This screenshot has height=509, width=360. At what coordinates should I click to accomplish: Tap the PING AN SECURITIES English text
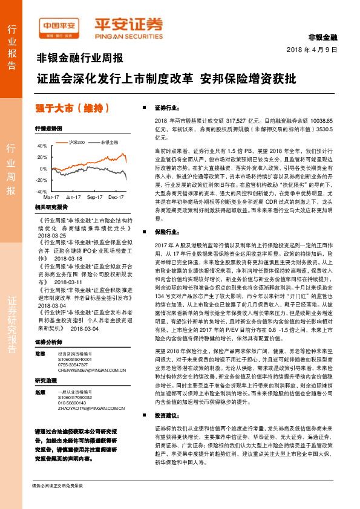point(128,35)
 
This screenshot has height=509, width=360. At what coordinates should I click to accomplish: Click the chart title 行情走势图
point(48,129)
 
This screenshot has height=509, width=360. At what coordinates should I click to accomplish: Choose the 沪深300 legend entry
point(77,142)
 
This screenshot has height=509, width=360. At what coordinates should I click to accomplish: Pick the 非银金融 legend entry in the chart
point(110,142)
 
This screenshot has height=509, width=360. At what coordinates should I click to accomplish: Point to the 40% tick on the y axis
point(42,146)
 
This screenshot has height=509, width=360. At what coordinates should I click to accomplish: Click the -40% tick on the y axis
point(41,191)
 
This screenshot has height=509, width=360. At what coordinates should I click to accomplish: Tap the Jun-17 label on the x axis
point(73,197)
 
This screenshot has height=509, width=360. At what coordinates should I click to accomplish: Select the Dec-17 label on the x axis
point(116,197)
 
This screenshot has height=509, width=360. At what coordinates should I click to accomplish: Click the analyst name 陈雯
point(40,353)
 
